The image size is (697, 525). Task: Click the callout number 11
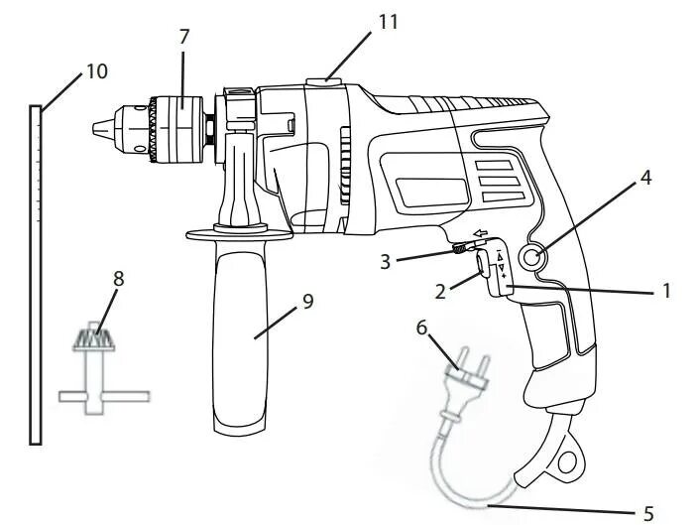click(x=389, y=21)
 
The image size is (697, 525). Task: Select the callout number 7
click(x=184, y=36)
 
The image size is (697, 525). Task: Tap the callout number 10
click(x=96, y=71)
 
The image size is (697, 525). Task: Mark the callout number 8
click(x=118, y=279)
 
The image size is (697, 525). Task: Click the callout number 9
click(x=307, y=302)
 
